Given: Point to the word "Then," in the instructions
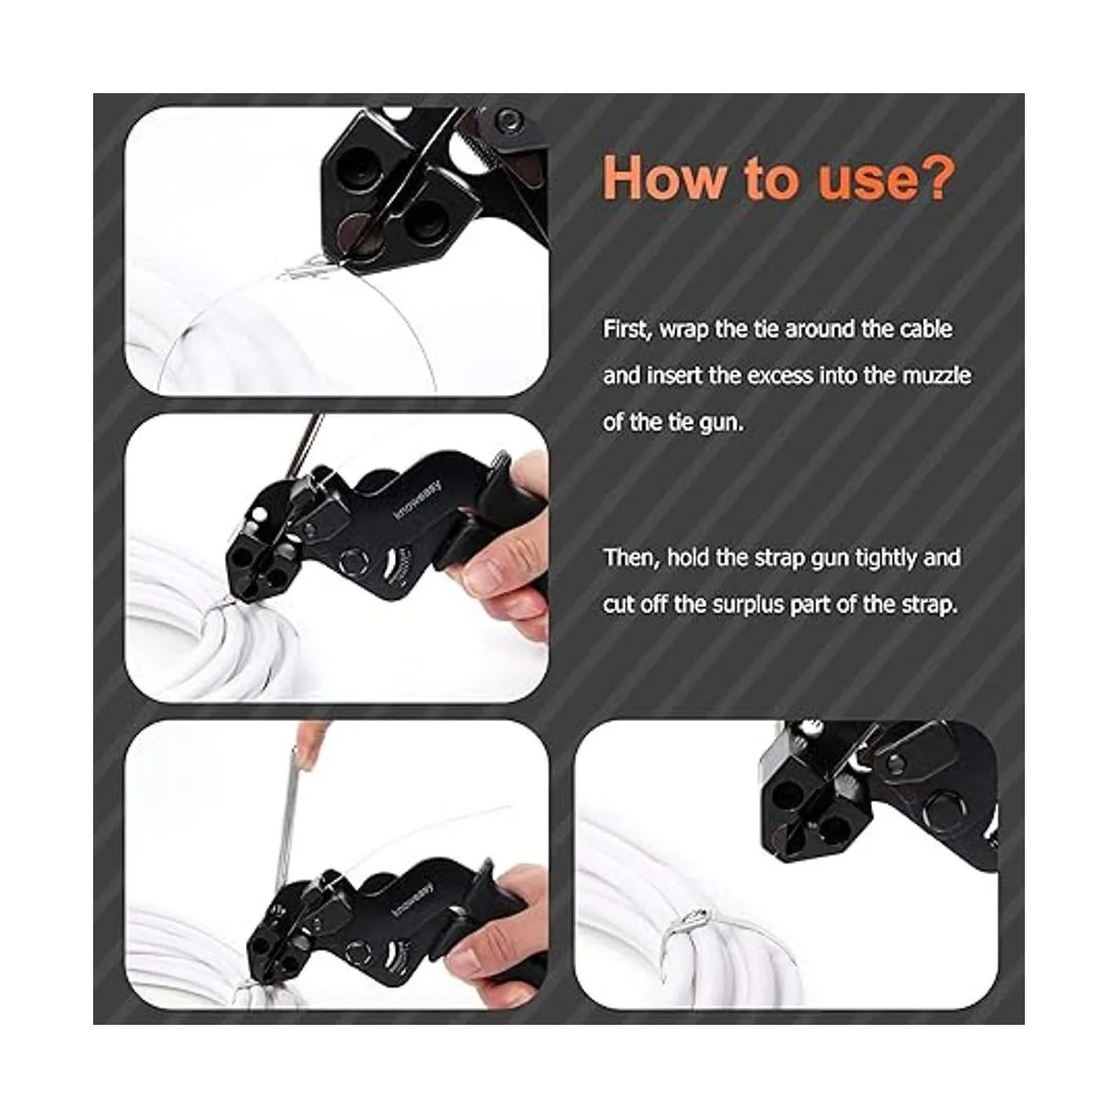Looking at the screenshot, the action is click(x=632, y=558).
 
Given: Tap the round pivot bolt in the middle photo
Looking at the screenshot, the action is click(x=353, y=562).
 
